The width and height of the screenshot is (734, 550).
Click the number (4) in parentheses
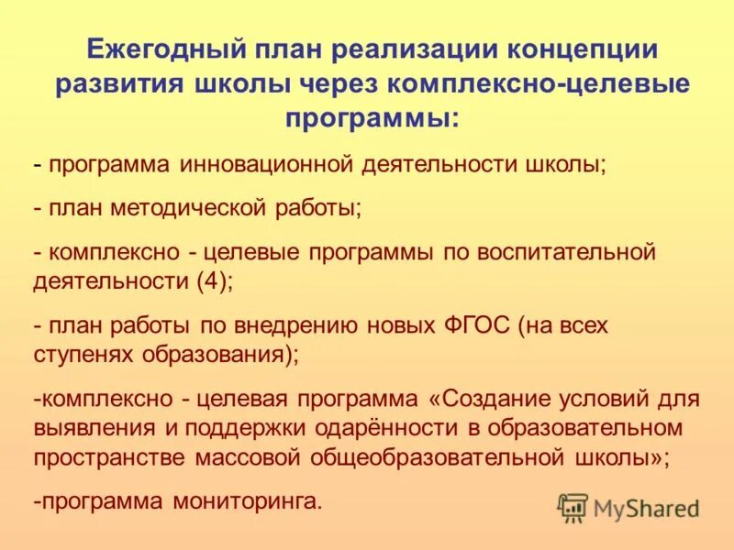[212, 281]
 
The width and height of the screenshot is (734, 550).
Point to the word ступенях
[78, 355]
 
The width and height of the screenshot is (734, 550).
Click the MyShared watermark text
[647, 508]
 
